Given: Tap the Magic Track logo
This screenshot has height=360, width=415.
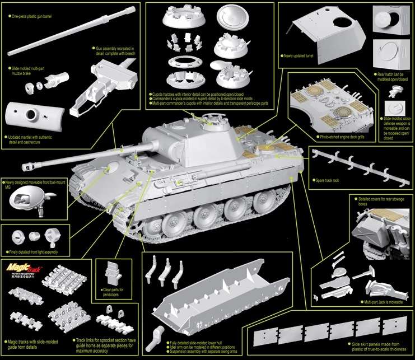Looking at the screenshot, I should [22, 271].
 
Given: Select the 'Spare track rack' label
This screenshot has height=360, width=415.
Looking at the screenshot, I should [328, 181].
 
